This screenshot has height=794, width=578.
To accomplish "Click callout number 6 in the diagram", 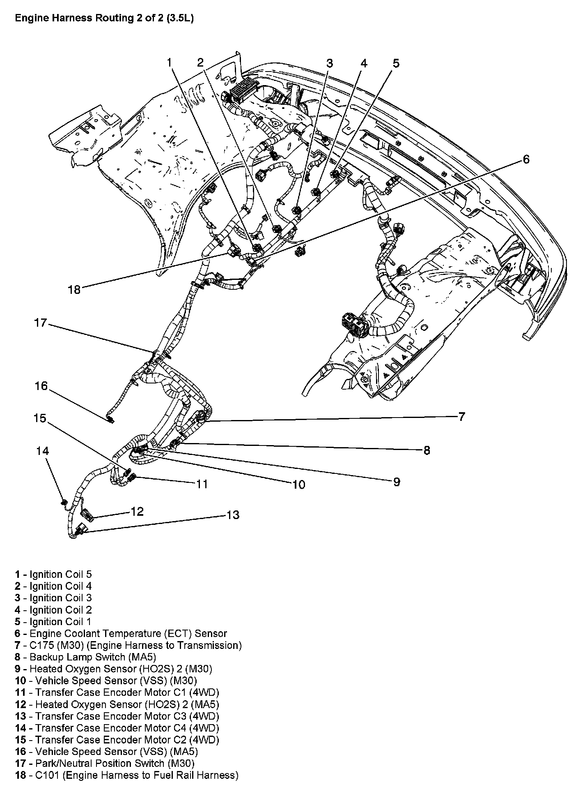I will tap(526, 159).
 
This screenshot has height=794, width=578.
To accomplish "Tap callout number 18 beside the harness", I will tap(74, 289).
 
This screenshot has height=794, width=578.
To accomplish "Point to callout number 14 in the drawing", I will tap(42, 451).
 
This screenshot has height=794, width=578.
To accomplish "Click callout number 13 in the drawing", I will tap(233, 515).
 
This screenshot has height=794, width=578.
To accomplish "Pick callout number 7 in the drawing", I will tap(461, 416).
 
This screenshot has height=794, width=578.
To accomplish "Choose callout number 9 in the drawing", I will tap(396, 482).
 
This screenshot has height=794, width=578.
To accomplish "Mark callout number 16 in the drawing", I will tap(41, 386).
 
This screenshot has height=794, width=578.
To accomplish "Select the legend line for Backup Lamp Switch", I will tap(85, 657).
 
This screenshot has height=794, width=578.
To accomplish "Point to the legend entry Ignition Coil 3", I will tap(53, 598).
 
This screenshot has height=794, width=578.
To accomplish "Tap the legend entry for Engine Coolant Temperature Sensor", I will tap(121, 634).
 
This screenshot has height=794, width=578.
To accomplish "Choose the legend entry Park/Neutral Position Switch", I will tap(105, 763).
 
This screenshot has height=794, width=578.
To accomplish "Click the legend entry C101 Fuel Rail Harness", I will tap(126, 775).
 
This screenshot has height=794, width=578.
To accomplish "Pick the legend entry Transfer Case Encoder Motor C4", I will tap(117, 728).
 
